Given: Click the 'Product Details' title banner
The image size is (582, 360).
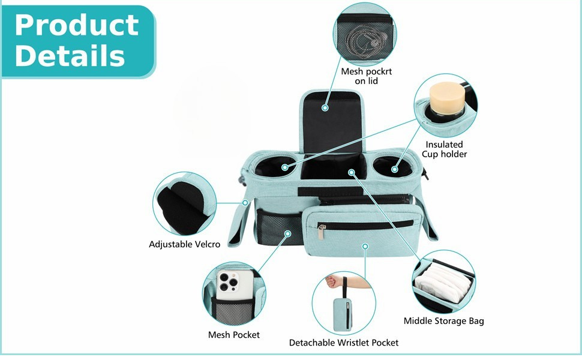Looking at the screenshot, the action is coord(79,41).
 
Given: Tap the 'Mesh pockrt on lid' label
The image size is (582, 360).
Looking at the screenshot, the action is coord(366,76).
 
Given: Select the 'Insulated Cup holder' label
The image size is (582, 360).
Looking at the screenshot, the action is coord(444,149).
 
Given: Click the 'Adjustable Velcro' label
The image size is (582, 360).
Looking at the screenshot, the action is coord(184,244).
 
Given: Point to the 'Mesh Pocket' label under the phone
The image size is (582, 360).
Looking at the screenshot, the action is coord(234,335).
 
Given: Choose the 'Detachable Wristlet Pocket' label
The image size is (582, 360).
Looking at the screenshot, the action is coord(344,343).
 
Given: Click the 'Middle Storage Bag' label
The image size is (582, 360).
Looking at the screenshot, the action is coord(443,321).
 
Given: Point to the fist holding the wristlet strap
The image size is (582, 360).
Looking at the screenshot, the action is coord(332,281).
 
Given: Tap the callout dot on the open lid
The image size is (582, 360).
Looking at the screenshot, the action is coord(325,108).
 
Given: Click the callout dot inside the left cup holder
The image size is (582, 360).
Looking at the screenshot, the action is coord(284,167).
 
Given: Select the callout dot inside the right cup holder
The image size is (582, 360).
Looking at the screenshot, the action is coord(395,169).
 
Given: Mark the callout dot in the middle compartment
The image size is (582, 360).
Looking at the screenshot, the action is coord(351,172).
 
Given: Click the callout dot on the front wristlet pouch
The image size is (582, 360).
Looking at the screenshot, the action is coord(365,247).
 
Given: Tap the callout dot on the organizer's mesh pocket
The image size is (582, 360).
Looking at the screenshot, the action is coord(287,233).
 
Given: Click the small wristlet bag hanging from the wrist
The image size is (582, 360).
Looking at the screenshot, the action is coord(343,315).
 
